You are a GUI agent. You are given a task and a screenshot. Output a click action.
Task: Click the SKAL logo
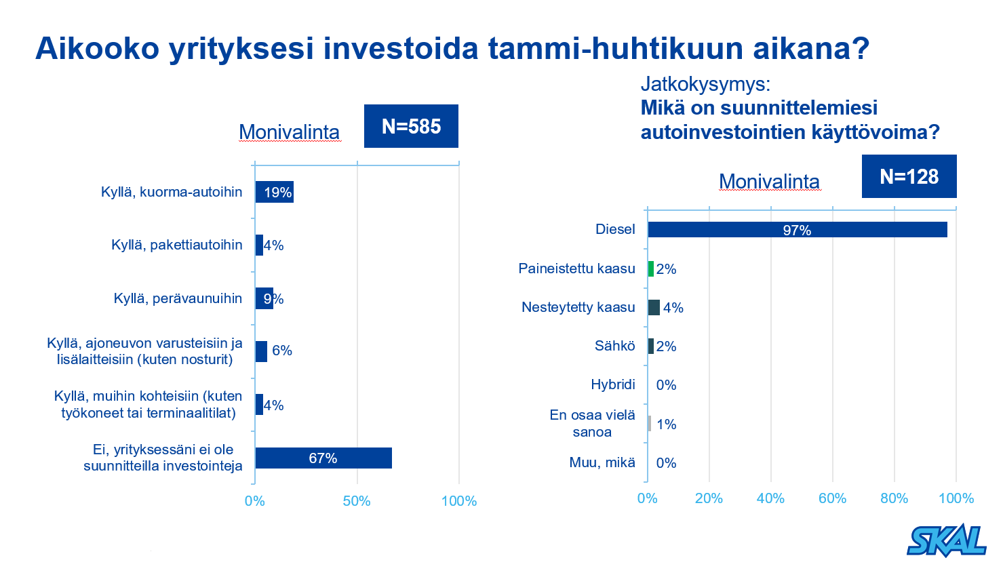[947, 541]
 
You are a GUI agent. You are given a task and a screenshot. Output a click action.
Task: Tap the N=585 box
[411, 126]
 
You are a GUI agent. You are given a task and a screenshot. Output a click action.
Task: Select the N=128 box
[909, 176]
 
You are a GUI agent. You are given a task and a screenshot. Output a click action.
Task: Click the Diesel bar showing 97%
[797, 230]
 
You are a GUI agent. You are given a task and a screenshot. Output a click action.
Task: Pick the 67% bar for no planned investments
[323, 458]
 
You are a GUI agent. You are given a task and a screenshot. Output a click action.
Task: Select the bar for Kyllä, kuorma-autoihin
[274, 192]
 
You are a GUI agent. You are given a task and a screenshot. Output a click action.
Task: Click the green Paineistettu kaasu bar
[651, 269]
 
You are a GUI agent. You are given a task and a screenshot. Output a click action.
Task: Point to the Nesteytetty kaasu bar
[654, 308]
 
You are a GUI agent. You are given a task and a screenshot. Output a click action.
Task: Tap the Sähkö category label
[614, 346]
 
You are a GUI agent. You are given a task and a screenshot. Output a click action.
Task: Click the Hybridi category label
[612, 385]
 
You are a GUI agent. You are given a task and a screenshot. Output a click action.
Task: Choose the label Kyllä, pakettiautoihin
[176, 245]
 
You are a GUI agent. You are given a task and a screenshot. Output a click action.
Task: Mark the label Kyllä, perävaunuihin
[178, 298]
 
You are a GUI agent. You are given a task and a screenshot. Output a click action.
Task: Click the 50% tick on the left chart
[357, 501]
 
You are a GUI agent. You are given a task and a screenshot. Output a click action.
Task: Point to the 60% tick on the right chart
[832, 498]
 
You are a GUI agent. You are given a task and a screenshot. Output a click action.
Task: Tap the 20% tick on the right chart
[709, 498]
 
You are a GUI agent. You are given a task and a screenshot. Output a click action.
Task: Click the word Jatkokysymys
[705, 85]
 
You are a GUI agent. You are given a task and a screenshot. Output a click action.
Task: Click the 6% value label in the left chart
[282, 351]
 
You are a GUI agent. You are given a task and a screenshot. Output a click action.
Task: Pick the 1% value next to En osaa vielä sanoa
[666, 424]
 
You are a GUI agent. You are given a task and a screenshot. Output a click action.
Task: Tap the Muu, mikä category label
[602, 463]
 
